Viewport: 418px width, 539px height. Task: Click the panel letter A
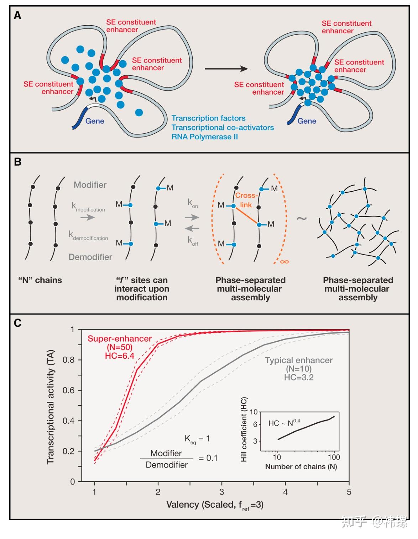click(17, 16)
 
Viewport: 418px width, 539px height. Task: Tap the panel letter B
click(17, 162)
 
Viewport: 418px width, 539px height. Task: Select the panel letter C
click(17, 323)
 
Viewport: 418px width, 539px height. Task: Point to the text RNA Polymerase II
click(204, 137)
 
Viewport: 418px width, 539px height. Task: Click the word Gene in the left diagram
click(95, 121)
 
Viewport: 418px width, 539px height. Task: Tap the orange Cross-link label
click(246, 200)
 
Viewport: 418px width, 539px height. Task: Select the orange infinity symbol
click(284, 262)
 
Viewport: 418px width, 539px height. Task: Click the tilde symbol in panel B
click(302, 218)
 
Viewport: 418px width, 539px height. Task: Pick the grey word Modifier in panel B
click(90, 185)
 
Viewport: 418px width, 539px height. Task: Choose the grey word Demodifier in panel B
click(90, 257)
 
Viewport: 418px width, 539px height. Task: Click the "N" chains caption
click(40, 280)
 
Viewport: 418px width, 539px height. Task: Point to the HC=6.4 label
click(120, 356)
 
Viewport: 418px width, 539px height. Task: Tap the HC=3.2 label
click(299, 377)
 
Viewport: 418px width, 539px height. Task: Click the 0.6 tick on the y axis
click(69, 390)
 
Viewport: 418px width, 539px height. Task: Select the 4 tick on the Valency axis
click(285, 492)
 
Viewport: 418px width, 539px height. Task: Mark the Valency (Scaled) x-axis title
click(215, 505)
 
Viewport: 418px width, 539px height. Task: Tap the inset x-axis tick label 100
click(334, 457)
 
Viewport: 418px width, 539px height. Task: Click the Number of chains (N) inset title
click(301, 467)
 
